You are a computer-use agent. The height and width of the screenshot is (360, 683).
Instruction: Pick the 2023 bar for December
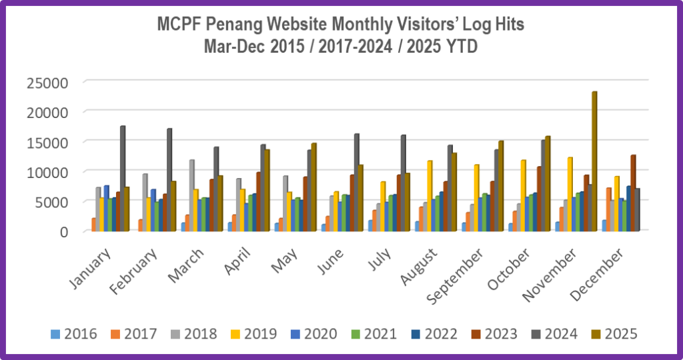pos(632,193)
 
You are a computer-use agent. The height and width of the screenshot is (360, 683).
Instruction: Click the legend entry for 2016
pos(74,334)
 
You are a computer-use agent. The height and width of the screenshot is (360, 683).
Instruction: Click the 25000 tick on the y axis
pos(47,83)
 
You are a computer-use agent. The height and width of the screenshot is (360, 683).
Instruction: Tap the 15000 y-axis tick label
pos(47,142)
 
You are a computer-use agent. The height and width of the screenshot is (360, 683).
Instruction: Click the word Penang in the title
pos(255,25)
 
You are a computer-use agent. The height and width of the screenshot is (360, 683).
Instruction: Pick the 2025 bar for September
pos(501,186)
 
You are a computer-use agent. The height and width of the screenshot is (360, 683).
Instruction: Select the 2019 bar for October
pos(523,196)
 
